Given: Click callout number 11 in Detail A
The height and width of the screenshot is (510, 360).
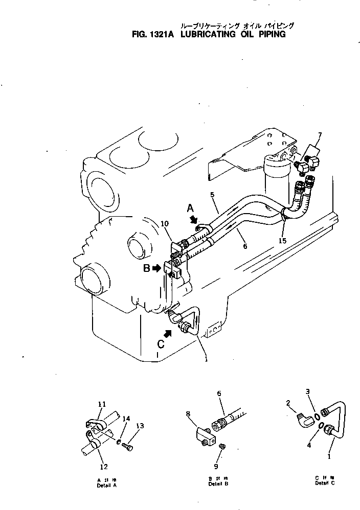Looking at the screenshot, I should tap(101, 404).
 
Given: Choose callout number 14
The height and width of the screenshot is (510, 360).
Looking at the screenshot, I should tap(124, 419).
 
